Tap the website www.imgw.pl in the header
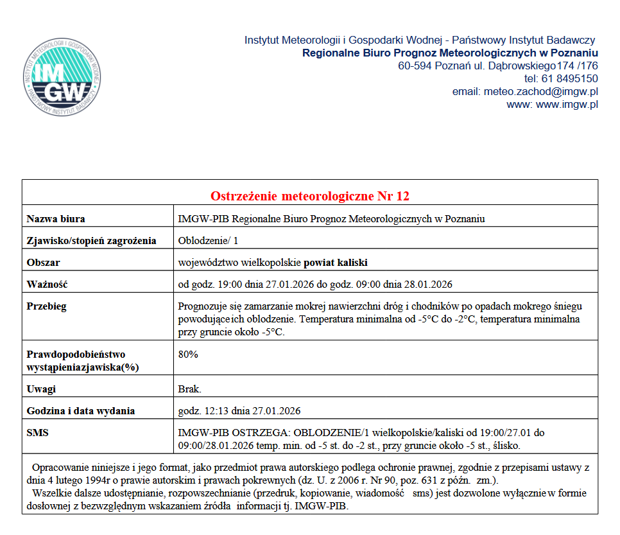[x=567, y=105]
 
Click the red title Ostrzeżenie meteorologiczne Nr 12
[x=310, y=196]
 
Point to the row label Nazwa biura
[x=56, y=219]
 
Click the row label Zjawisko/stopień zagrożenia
[x=91, y=241]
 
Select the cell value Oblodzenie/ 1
[x=208, y=241]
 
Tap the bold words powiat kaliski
[x=336, y=263]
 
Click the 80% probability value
[x=188, y=355]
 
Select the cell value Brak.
[x=189, y=389]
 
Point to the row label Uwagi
[x=41, y=389]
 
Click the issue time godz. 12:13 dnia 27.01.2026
[x=239, y=411]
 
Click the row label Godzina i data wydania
[x=80, y=411]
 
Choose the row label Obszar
[x=43, y=263]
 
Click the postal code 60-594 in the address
[x=415, y=66]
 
